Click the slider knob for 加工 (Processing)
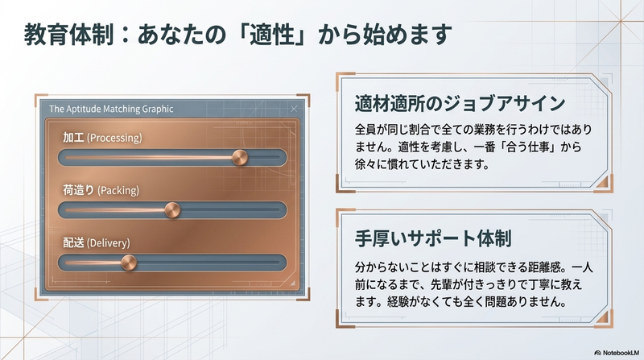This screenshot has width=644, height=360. pos(240,157)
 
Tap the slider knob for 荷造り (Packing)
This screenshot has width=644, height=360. pos(171,210)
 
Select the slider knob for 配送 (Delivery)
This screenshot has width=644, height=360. pos(128,263)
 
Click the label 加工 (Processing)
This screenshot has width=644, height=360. pos(102,138)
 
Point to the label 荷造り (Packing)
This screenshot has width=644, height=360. pos(101,190)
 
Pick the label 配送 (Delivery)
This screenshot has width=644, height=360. pos(96,242)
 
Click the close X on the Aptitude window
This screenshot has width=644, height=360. pos(294,108)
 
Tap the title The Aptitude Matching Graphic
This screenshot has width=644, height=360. pos(111,108)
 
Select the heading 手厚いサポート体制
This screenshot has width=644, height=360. pos(435,240)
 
